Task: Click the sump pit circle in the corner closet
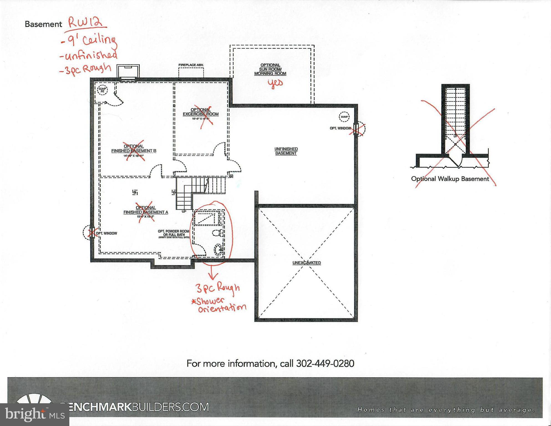pos(102,90)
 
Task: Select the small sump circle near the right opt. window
pos(344,117)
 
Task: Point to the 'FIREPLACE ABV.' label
pos(191,65)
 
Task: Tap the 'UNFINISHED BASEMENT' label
pos(286,151)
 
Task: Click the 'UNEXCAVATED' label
pos(306,263)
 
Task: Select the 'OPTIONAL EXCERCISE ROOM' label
pos(200,112)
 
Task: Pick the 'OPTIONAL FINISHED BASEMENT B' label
pos(134,149)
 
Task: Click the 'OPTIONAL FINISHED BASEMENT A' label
pos(146,210)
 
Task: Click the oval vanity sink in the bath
pos(218,249)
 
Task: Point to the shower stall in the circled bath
pos(207,218)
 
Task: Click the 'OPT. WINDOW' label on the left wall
pos(106,233)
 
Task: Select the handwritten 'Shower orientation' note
pos(219,305)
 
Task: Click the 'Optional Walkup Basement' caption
pos(450,179)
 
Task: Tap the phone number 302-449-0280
pos(325,364)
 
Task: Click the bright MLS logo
pos(35,414)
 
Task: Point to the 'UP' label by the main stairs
pos(184,212)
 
